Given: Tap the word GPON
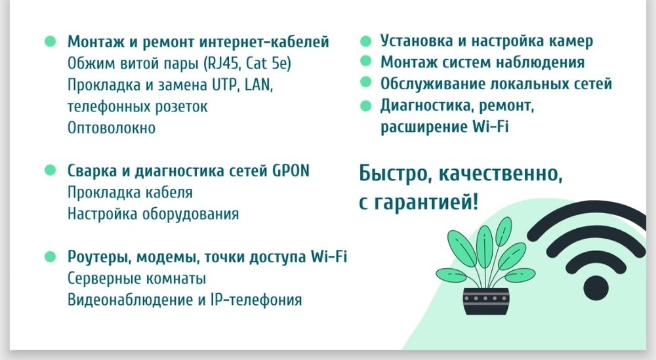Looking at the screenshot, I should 291,171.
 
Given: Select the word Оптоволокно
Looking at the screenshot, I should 112,128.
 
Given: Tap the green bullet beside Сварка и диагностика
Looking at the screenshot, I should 49,170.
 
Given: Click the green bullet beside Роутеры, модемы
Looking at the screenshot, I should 49,256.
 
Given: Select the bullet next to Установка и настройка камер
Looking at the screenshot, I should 366,41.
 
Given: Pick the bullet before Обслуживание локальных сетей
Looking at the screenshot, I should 366,84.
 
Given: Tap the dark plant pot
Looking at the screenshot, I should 485,302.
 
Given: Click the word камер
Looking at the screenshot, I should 571,41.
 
